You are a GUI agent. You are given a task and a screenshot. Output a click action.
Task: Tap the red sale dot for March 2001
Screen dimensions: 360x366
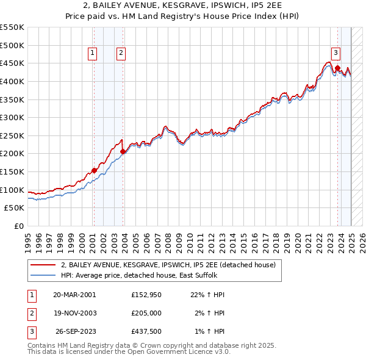(x=94, y=170)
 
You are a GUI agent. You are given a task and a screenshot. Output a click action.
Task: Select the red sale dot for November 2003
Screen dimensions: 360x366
(x=123, y=151)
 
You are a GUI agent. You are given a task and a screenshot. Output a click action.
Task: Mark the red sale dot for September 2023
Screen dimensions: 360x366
(x=337, y=68)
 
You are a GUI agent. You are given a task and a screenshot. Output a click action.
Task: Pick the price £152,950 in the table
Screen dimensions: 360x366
(x=146, y=295)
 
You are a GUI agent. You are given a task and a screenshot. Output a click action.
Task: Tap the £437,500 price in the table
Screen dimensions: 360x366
(x=146, y=332)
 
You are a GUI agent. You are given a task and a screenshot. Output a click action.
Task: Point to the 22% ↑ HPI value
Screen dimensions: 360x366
(x=209, y=295)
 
